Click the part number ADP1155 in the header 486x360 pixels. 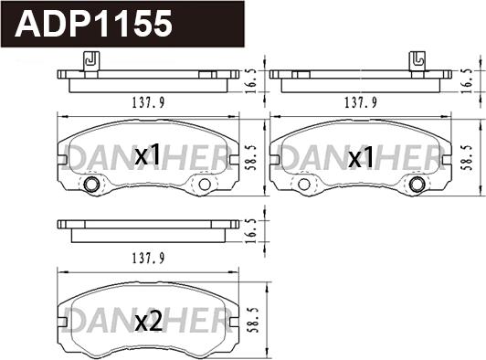tap(94, 24)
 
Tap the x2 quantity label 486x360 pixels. tap(149, 322)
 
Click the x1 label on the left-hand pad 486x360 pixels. tap(148, 154)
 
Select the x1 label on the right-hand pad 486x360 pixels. tap(361, 156)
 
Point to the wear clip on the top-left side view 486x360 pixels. tap(91, 61)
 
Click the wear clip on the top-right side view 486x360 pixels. tap(417, 61)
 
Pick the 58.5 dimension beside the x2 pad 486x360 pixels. tap(253, 320)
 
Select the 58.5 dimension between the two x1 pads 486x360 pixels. tap(253, 157)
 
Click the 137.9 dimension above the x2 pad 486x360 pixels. tap(148, 258)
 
